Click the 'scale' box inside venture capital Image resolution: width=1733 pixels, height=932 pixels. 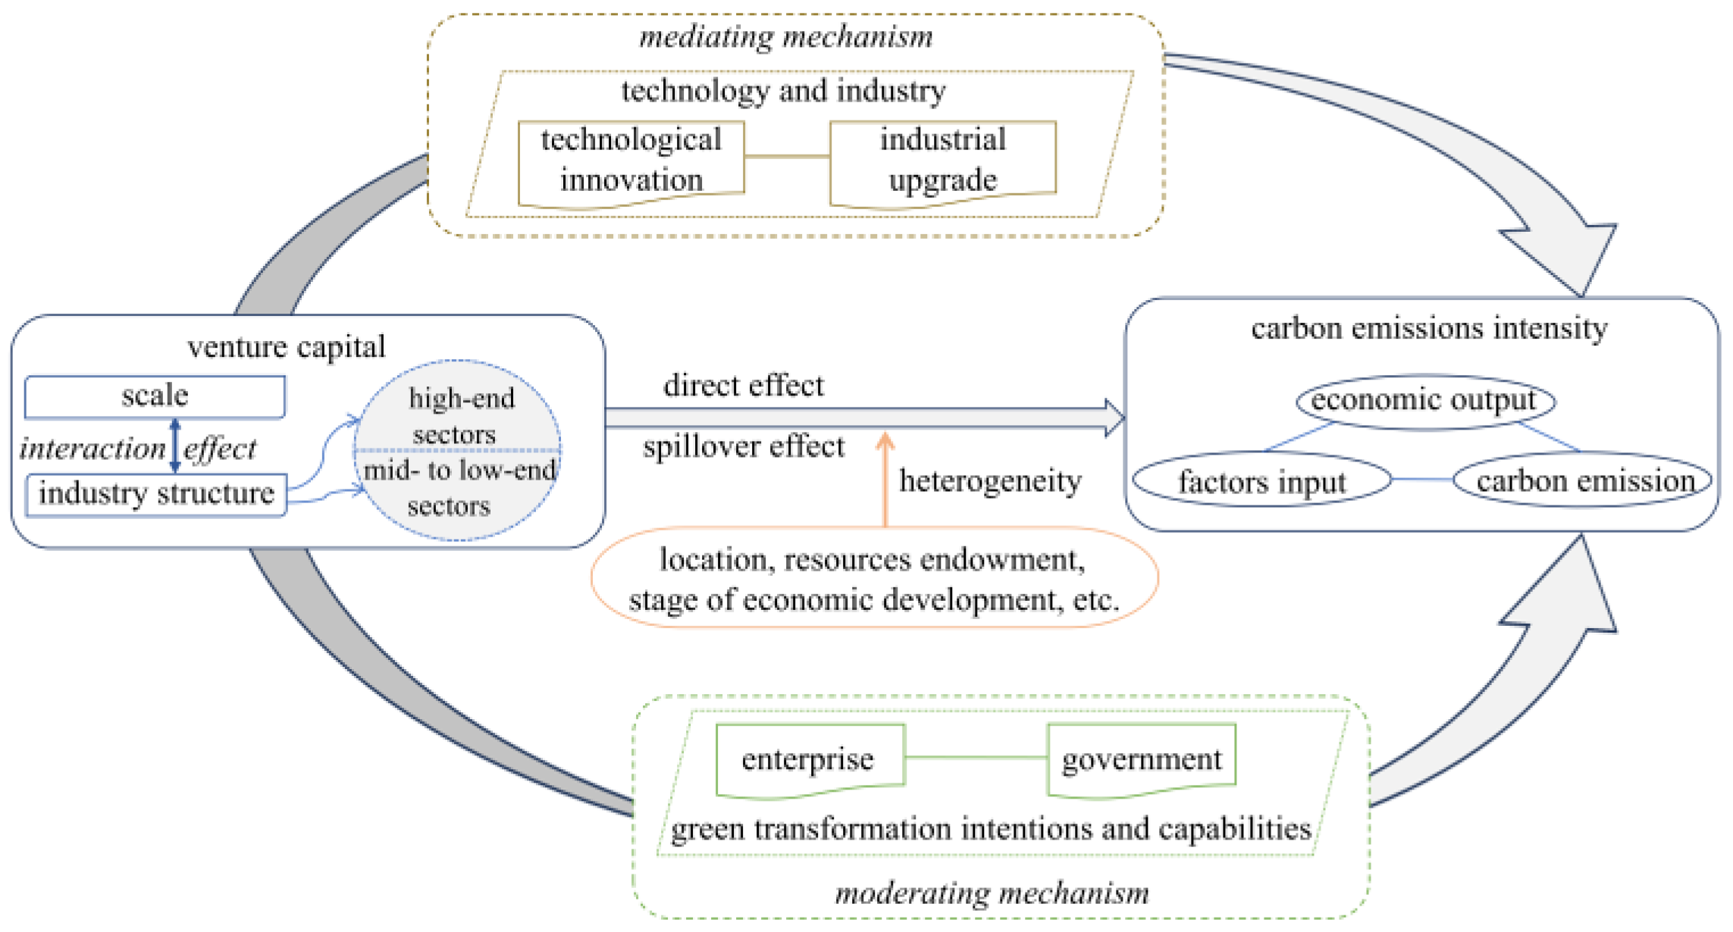click(155, 396)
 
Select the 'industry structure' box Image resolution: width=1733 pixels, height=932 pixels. click(156, 494)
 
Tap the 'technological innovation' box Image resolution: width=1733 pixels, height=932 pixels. click(631, 161)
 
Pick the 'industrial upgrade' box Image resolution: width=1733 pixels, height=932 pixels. click(942, 161)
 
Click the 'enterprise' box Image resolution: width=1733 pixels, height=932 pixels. click(809, 759)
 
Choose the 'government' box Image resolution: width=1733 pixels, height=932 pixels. click(1141, 759)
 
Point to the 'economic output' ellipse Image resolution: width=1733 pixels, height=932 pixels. click(1424, 401)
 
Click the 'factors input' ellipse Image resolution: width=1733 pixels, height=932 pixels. click(1261, 481)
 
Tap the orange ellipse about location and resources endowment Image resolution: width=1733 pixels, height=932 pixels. click(873, 579)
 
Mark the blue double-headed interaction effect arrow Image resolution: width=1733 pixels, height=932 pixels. click(175, 446)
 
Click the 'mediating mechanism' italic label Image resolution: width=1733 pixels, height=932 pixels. click(785, 36)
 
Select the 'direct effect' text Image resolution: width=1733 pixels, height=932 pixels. click(743, 386)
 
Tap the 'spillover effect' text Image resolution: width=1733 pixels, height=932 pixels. click(743, 447)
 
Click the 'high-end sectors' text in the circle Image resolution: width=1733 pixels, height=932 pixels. click(459, 415)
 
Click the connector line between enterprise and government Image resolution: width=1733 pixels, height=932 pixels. click(976, 757)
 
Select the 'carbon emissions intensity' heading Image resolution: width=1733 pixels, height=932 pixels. click(1429, 329)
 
